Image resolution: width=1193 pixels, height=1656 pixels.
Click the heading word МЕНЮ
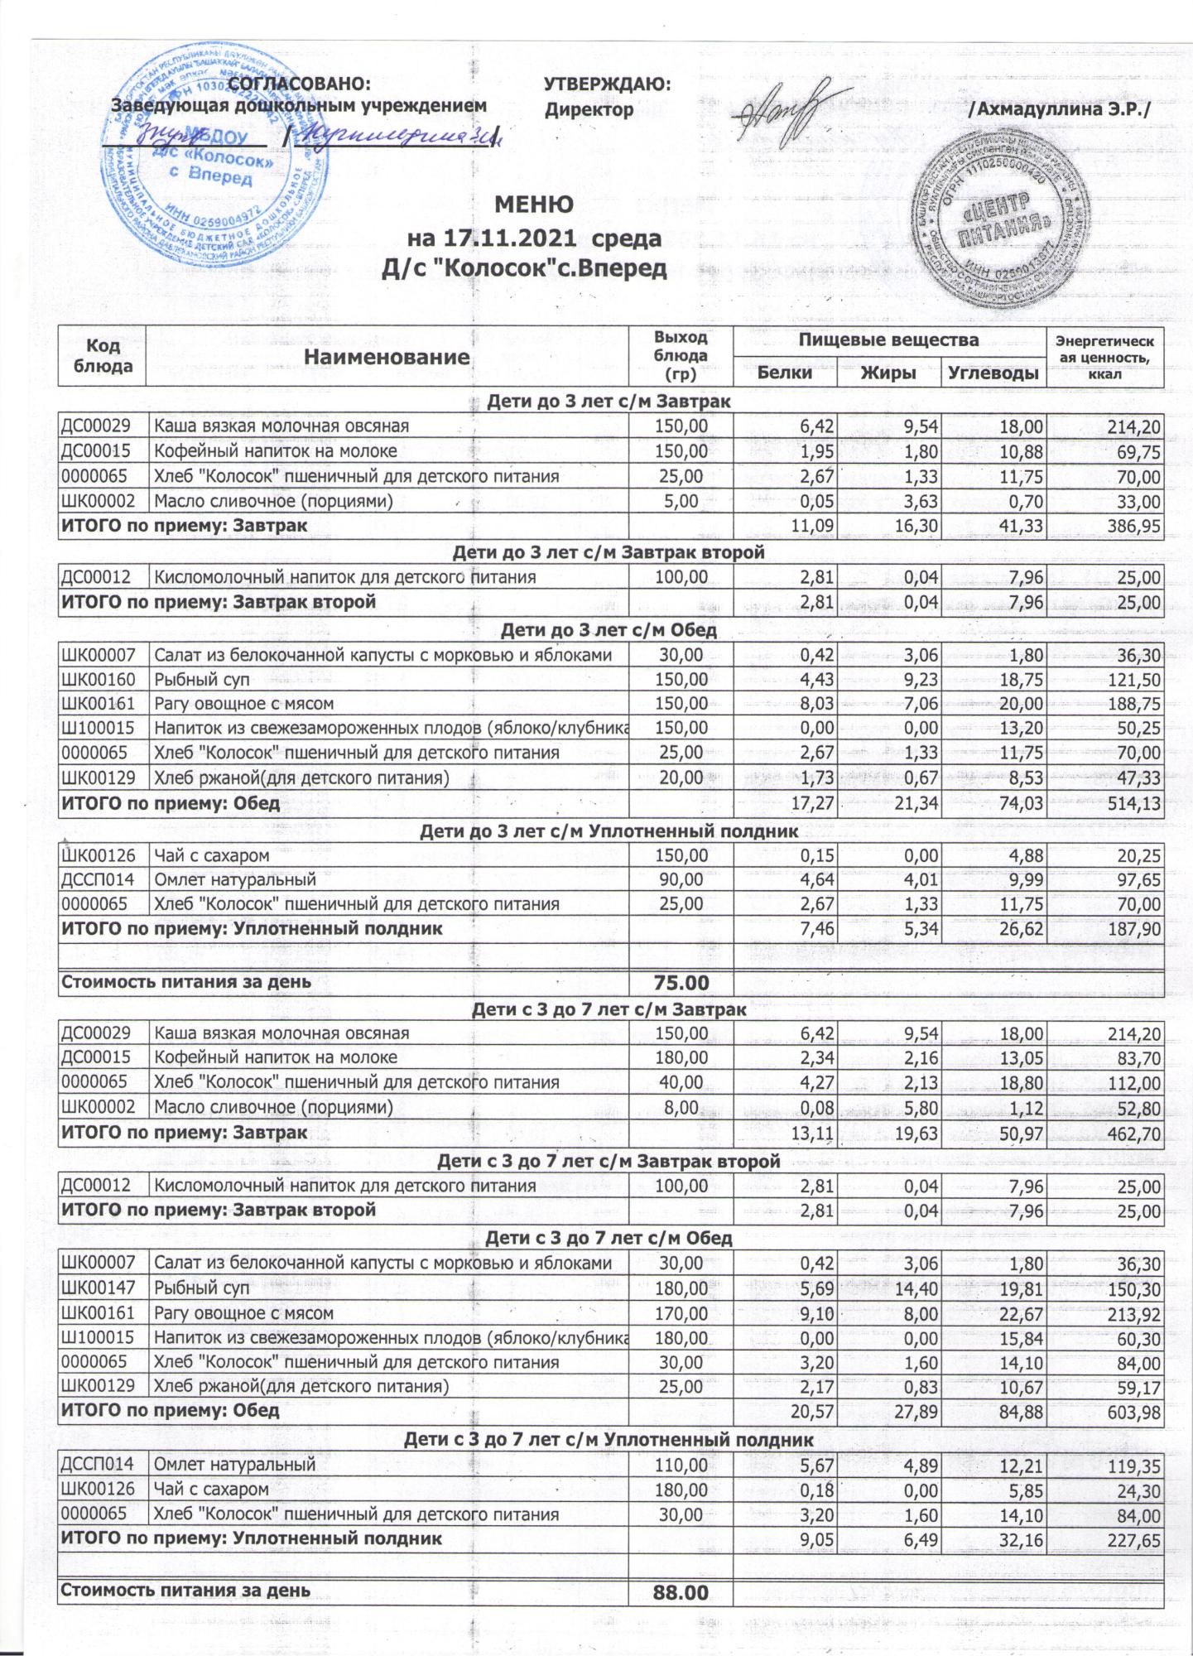point(534,205)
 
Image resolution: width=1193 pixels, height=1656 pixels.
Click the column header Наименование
point(387,358)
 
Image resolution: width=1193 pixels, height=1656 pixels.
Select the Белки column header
point(784,373)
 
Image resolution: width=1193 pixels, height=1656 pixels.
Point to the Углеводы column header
point(993,373)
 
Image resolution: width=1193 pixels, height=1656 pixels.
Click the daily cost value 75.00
point(681,983)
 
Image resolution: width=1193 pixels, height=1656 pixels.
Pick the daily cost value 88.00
point(681,1591)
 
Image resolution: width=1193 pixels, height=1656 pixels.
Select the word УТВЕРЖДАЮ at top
point(606,84)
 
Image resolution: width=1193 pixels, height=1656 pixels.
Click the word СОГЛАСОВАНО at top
point(299,84)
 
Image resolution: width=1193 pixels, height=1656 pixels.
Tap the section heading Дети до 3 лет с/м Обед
point(609,631)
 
